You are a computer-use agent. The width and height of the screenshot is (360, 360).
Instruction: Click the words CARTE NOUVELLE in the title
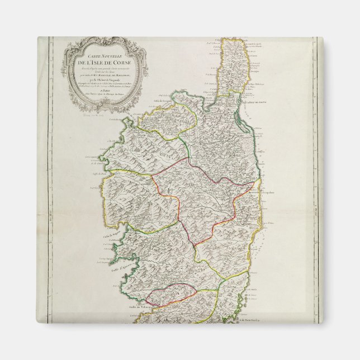[x=103, y=54]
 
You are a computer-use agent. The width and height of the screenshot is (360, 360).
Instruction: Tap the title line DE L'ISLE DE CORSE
[x=103, y=61]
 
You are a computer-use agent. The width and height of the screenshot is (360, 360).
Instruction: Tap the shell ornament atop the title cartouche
[x=104, y=41]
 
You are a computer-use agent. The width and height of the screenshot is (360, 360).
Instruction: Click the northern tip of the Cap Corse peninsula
[x=230, y=40]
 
